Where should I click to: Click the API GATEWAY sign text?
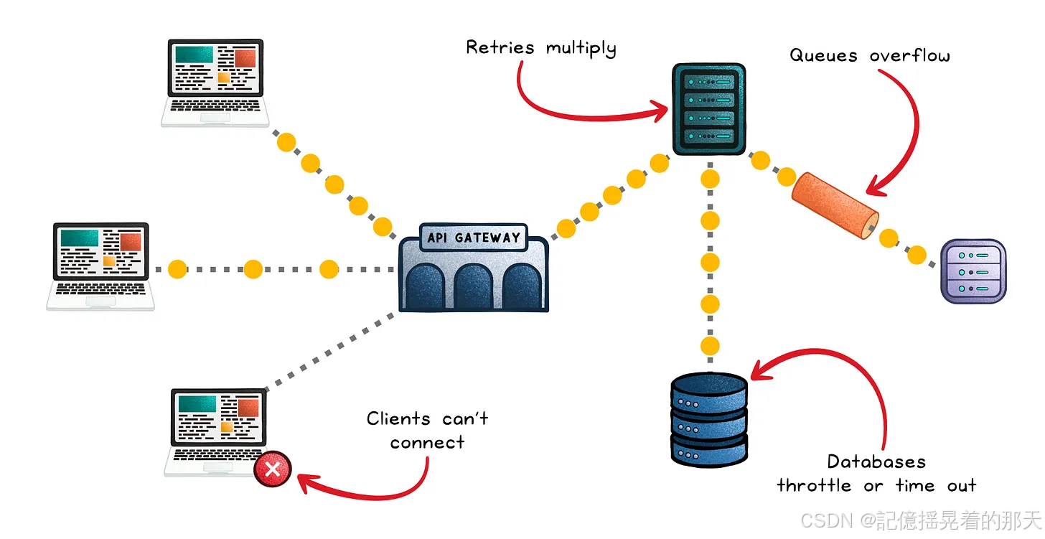pos(474,238)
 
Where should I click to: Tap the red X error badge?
pos(273,469)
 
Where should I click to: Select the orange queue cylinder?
pos(835,205)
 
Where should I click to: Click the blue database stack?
pos(709,420)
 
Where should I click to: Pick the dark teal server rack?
pos(708,109)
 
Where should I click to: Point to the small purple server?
pos(973,271)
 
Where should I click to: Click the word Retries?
pos(500,47)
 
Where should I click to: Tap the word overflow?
pos(910,55)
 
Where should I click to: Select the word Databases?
pos(876,462)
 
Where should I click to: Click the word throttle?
pos(814,485)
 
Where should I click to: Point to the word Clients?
pos(398,418)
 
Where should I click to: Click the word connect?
pos(427,442)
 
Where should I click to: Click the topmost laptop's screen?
pos(215,68)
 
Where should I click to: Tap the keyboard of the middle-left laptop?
pos(100,289)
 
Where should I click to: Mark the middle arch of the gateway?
pos(473,286)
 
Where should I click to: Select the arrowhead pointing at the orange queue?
pos(877,187)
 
